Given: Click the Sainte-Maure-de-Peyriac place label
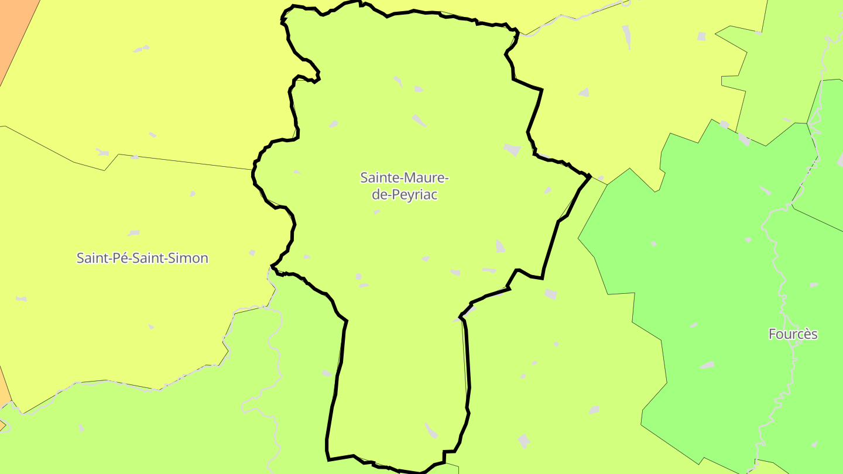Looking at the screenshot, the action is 405,186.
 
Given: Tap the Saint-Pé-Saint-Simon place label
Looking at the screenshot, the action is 142,258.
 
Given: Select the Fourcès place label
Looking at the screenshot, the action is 793,334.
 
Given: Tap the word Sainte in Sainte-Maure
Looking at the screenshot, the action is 376,177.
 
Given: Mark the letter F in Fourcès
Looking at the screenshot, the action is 772,334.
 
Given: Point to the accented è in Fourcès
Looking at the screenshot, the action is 806,334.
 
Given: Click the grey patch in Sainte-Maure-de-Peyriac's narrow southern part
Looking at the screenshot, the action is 431,431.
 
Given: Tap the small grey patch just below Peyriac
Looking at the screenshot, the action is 376,212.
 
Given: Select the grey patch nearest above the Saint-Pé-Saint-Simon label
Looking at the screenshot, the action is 133,233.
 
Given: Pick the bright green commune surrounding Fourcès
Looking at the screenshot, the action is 702,263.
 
